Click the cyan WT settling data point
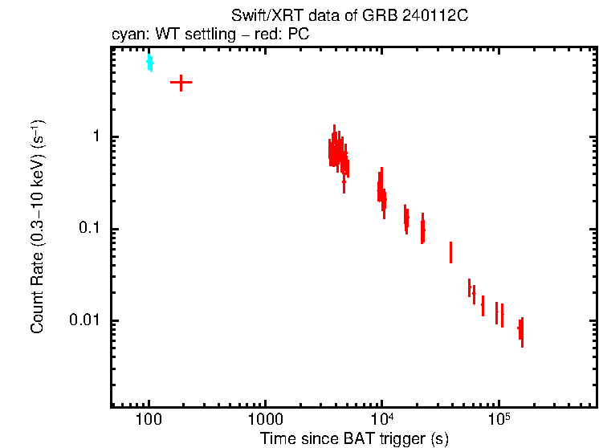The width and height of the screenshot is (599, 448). [149, 63]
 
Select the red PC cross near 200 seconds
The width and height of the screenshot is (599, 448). [181, 83]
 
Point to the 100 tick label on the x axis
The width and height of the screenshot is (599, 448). [149, 420]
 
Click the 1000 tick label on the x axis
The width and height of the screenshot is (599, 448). [265, 420]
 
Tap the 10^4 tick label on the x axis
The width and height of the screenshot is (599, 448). [381, 419]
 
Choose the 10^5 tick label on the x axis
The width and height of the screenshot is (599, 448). [499, 419]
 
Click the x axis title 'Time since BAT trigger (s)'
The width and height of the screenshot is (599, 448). [354, 438]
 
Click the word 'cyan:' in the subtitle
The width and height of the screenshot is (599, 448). [127, 35]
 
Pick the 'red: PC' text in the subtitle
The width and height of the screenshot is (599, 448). [286, 35]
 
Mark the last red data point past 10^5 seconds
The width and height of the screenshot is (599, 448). [521, 330]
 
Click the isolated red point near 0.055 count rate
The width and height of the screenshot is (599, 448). [450, 252]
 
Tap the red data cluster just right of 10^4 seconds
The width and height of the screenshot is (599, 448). [382, 192]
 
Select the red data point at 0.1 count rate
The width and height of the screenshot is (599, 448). [422, 230]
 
